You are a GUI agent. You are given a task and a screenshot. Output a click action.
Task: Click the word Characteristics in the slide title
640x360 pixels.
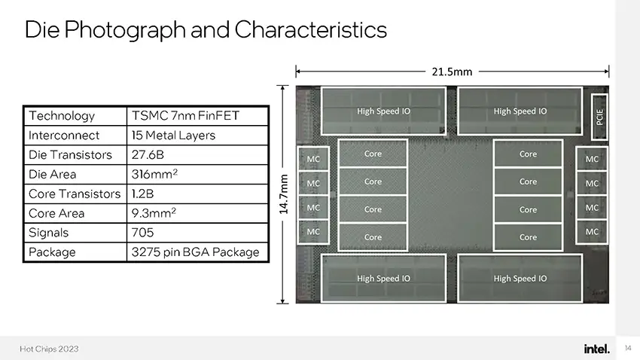coord(310,29)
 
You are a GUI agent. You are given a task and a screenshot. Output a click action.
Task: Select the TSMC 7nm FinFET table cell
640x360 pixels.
coord(185,115)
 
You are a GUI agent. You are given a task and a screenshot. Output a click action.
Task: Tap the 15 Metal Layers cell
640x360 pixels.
coord(173,135)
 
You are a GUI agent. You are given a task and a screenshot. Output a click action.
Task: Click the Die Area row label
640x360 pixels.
coord(52,174)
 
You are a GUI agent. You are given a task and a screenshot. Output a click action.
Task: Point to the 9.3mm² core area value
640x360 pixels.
coord(154,212)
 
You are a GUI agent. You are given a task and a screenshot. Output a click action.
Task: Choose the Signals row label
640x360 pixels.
coord(49,233)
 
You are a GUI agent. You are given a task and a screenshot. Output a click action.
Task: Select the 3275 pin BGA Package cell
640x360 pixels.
coord(195,252)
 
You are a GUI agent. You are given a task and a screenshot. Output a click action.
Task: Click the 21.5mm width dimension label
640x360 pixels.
coord(452,72)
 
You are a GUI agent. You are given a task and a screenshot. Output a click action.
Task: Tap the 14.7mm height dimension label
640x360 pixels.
coord(283,194)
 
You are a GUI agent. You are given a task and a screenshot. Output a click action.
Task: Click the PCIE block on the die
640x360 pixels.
coord(599,117)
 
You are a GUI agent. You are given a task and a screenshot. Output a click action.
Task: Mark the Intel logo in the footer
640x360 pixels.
coord(597,349)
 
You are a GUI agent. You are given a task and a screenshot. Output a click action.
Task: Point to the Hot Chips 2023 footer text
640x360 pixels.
coord(49,349)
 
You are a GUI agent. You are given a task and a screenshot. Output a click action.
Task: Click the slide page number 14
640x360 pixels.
coord(628,348)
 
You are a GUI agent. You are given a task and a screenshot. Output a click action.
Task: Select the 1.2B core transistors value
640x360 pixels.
coord(142,194)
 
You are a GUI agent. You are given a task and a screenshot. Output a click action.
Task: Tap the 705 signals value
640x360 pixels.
coord(142,233)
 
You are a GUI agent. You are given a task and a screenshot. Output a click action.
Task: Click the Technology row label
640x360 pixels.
coord(62,116)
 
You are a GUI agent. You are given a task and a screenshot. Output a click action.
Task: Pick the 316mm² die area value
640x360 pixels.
coord(154,174)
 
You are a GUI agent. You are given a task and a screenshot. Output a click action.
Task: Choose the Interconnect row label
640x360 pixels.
coord(64,135)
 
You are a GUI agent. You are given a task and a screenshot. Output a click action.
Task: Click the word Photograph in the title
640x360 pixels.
coord(125,30)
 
